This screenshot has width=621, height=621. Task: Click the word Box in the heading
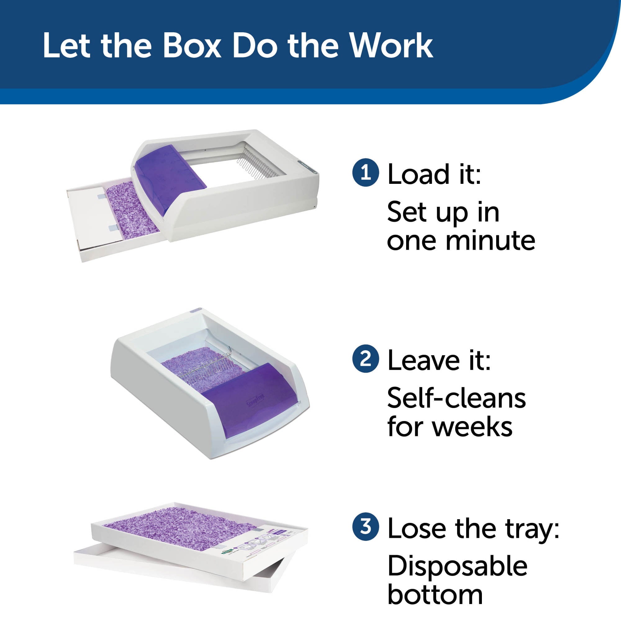click(192, 46)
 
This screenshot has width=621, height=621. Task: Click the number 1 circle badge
click(366, 174)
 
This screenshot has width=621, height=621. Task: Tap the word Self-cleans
click(456, 398)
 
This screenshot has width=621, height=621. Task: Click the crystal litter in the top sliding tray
click(132, 209)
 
